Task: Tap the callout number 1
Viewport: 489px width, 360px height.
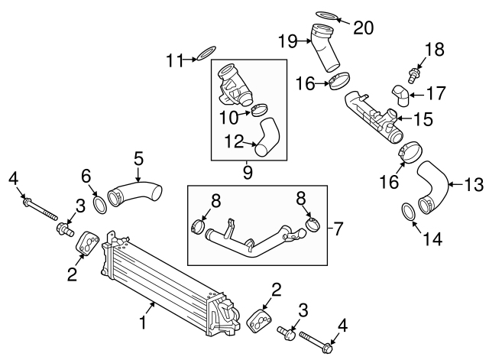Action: click(143, 323)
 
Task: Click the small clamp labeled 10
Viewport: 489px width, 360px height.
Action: click(258, 113)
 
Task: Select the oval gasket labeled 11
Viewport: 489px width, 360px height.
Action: click(206, 54)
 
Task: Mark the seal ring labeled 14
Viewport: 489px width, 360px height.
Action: click(409, 212)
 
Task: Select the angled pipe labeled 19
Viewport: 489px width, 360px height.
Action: click(325, 48)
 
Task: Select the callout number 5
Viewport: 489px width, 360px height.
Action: click(138, 158)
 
